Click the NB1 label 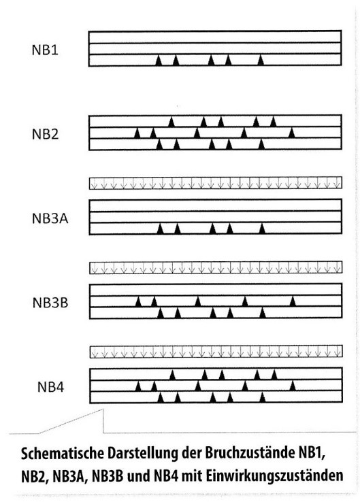(x=45, y=50)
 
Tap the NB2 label (x=45, y=134)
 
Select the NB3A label (x=50, y=218)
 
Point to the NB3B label (x=50, y=303)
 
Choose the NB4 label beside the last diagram (x=50, y=387)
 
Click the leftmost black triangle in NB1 (x=159, y=61)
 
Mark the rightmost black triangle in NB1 (x=261, y=61)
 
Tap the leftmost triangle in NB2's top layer (x=171, y=122)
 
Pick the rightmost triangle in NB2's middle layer (x=291, y=133)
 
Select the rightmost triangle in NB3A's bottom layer (x=262, y=229)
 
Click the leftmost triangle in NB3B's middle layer (x=138, y=301)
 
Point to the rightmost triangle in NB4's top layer (x=274, y=375)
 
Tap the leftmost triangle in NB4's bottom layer (x=161, y=397)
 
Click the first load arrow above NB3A (x=94, y=184)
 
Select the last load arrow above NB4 (x=338, y=352)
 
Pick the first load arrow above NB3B (x=95, y=268)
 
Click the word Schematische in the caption (x=62, y=454)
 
